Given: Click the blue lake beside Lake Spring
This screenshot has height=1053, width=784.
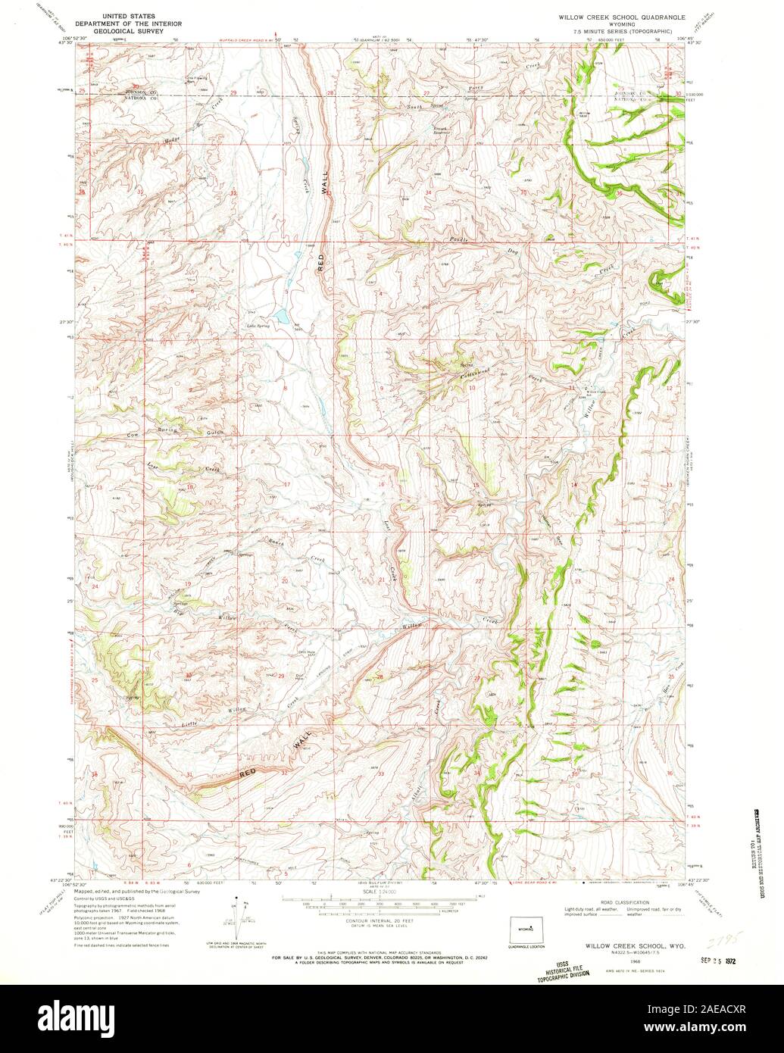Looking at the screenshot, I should tap(280, 314).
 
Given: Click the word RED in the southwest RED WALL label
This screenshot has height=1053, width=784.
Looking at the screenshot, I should tap(249, 772).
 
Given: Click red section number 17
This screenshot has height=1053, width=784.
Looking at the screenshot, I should tap(287, 484).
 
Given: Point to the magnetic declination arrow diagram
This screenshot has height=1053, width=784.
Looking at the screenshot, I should tap(236, 918).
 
